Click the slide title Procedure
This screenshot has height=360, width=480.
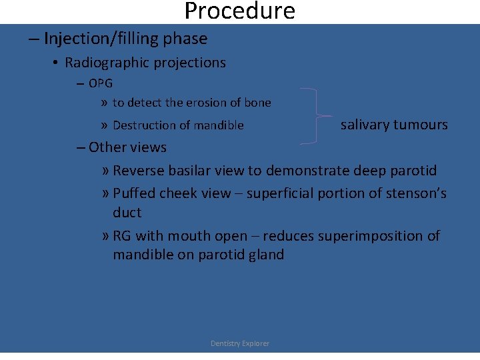[x=239, y=11]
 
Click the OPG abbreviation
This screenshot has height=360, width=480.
[x=101, y=83]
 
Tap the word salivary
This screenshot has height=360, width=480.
[x=365, y=125]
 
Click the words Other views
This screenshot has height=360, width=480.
[x=127, y=147]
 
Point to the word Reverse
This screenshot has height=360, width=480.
[x=139, y=171]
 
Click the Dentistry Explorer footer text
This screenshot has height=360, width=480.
[x=240, y=343]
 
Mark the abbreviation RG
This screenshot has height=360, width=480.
[x=122, y=236]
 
